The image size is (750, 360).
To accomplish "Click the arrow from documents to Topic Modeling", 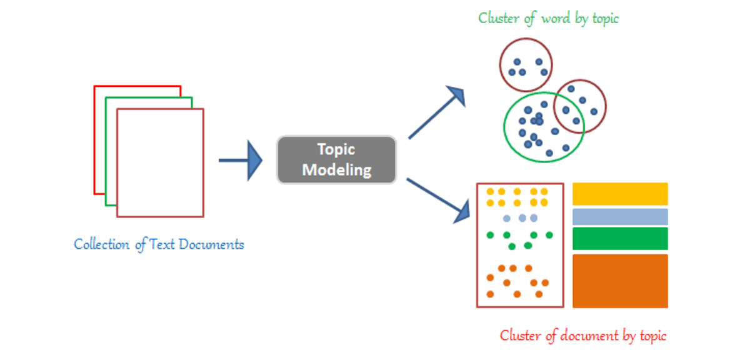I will pos(241,161).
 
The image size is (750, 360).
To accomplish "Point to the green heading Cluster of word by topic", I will pos(548,18).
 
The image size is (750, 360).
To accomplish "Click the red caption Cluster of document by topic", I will pos(582,336).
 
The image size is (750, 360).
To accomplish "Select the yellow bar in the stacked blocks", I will pos(620,194).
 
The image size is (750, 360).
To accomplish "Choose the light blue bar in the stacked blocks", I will pos(620,217).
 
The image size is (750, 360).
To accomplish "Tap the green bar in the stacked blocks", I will pos(620,239).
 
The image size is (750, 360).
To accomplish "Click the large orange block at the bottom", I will pos(620,281).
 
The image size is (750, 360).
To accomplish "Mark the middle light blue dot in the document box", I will pos(522,218).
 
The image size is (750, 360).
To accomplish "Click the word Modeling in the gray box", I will pos(336,169).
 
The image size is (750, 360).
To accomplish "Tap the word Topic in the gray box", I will pos(336,149).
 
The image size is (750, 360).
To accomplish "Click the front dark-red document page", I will pos(160,162).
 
